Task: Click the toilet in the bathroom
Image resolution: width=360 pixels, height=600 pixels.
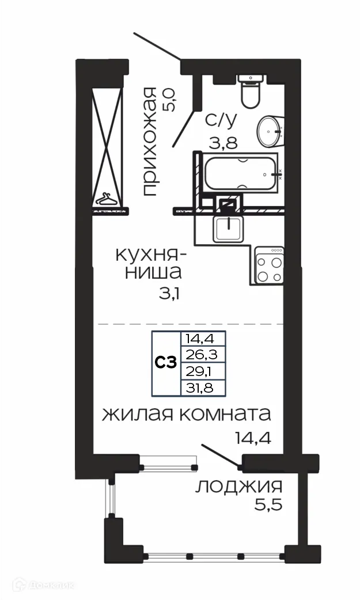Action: (x=251, y=92)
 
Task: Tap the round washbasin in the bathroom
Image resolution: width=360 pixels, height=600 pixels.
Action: (x=270, y=131)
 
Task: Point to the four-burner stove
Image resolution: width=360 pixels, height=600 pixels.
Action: (x=270, y=265)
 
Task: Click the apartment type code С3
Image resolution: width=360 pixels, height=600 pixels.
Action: (x=166, y=362)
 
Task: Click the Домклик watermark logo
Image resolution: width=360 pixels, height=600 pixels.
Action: (x=43, y=586)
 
